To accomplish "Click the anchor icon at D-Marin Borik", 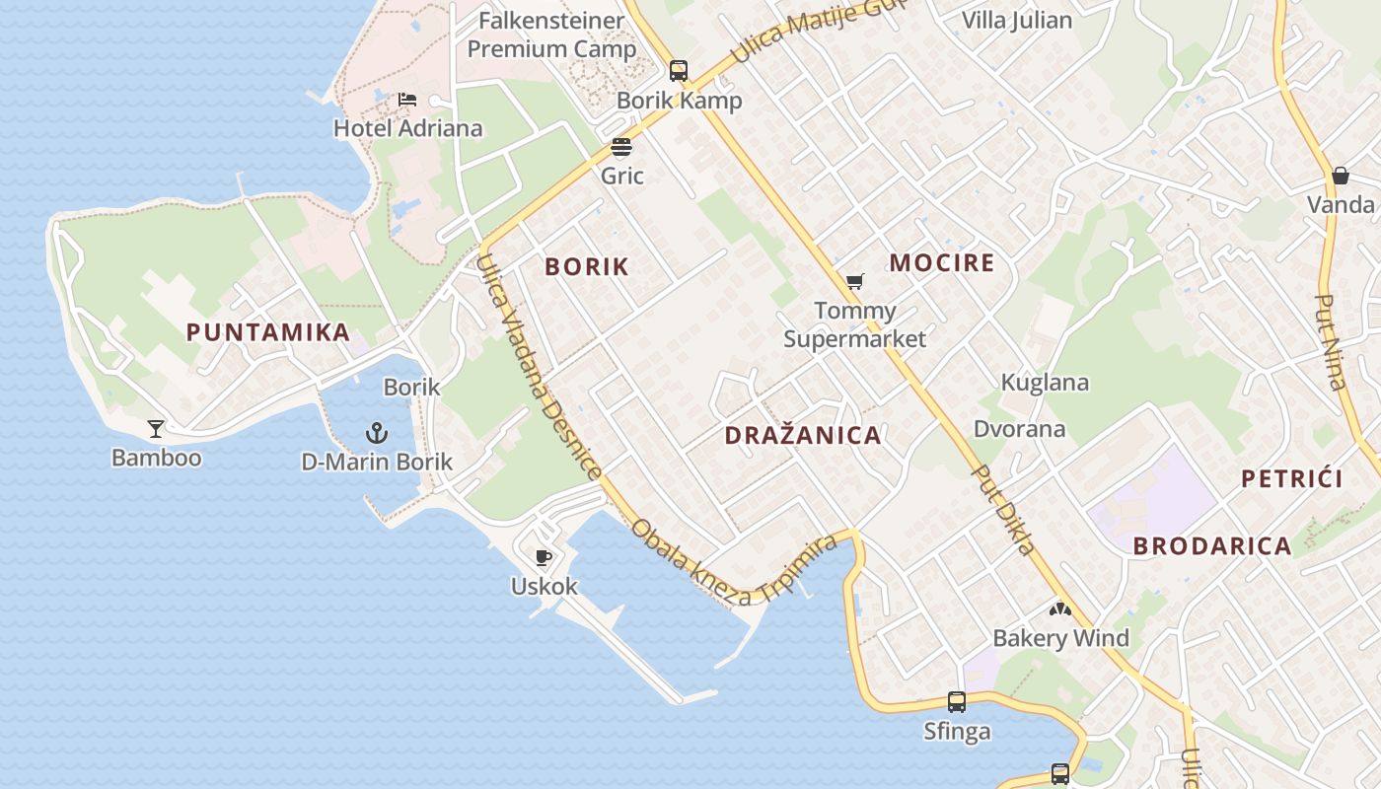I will (x=376, y=432).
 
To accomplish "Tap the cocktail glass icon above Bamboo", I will (x=156, y=428).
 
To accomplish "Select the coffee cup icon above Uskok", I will (x=543, y=557).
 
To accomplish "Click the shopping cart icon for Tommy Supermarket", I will (x=855, y=282).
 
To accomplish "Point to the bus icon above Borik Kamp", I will (x=679, y=70).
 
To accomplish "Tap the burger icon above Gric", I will (x=621, y=147).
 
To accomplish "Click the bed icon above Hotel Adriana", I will (x=407, y=100).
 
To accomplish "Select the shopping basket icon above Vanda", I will (x=1341, y=176).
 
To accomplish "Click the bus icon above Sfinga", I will (x=957, y=702).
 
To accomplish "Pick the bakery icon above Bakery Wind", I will (x=1060, y=610).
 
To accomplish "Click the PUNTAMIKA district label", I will (x=268, y=332).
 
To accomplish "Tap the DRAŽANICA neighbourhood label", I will (x=803, y=436).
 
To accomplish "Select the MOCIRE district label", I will (x=942, y=263).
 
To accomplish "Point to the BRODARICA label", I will (x=1212, y=546).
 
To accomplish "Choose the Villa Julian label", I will (x=1016, y=20).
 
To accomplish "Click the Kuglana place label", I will (x=1045, y=383).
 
